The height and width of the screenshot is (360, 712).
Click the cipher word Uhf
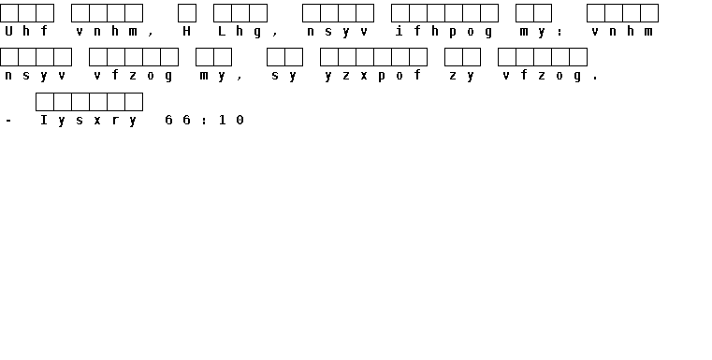tap(26, 31)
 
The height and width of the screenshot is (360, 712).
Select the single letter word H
tap(186, 31)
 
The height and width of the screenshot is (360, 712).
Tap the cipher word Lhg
tap(240, 32)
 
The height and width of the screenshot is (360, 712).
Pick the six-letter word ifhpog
tap(443, 32)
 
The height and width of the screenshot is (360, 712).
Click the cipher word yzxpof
tap(372, 76)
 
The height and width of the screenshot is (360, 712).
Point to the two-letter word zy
tap(462, 76)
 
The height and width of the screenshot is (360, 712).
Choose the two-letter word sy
tap(283, 76)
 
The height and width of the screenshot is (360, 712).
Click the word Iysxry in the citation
tap(89, 121)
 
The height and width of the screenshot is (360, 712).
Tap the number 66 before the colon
tap(178, 120)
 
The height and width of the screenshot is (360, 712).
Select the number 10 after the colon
tap(231, 120)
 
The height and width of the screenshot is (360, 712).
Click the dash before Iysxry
tap(8, 121)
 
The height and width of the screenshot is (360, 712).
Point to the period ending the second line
tap(595, 79)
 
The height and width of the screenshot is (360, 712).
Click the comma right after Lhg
tap(275, 35)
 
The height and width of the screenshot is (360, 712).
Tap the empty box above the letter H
tap(187, 13)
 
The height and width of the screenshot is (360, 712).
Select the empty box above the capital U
tap(9, 13)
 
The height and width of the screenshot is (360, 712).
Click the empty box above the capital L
tap(223, 13)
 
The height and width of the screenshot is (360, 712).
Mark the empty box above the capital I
tap(45, 102)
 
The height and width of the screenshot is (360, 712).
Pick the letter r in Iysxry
tap(115, 121)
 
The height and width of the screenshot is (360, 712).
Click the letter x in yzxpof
tap(363, 77)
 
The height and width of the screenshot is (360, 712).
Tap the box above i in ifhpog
tap(400, 13)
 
